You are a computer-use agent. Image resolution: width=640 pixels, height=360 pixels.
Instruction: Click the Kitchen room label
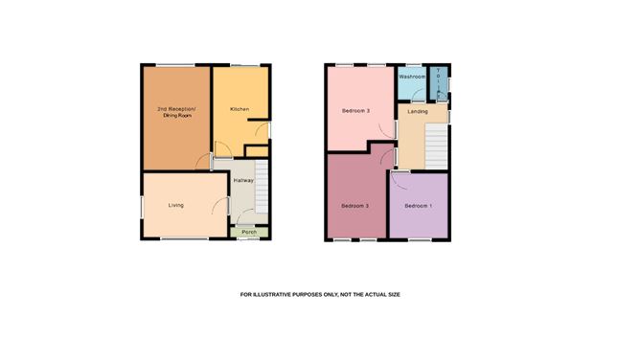240,109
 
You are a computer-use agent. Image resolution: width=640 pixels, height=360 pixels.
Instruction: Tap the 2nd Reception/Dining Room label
175,113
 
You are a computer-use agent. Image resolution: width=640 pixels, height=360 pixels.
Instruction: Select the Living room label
176,205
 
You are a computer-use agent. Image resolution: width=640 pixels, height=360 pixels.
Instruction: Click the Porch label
248,233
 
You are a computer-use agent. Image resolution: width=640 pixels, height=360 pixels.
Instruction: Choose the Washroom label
412,76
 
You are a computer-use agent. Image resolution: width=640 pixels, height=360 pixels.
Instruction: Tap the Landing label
418,112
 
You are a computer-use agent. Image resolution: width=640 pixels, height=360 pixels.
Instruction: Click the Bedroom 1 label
418,206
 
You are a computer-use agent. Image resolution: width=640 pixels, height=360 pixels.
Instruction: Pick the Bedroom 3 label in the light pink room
355,111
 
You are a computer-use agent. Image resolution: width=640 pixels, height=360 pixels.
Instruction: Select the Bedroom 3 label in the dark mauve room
355,206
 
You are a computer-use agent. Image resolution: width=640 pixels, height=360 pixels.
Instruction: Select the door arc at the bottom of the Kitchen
219,151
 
